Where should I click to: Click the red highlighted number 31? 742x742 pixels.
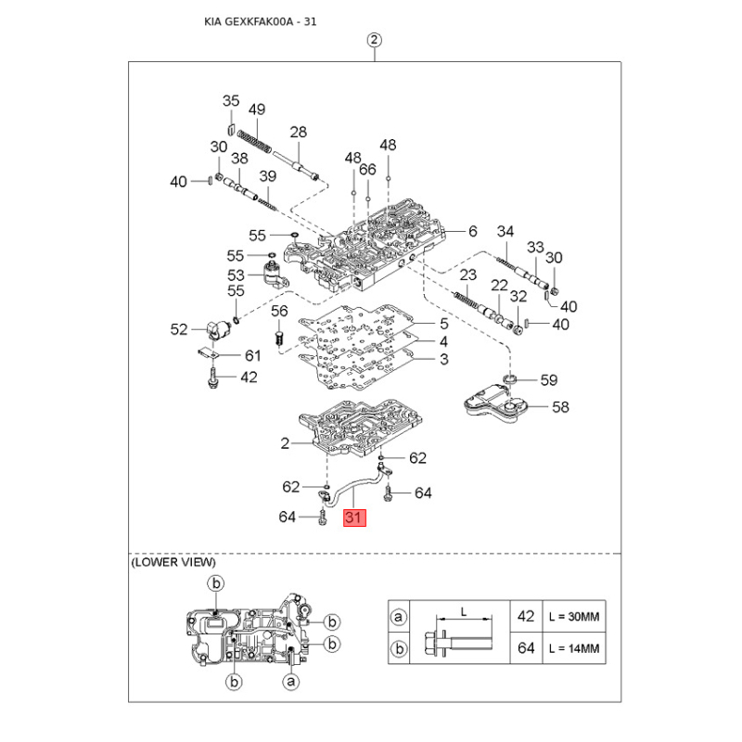pos(354,518)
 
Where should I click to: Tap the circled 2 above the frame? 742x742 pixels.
pos(375,40)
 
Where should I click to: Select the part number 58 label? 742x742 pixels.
pos(560,407)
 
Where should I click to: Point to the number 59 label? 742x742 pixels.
pos(549,379)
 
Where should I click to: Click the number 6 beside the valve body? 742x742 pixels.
pos(473,231)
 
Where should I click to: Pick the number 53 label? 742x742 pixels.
pos(236,275)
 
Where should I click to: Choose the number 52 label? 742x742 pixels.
pos(179,329)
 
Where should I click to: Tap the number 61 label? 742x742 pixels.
pos(252,355)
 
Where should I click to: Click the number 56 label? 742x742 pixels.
pos(279,311)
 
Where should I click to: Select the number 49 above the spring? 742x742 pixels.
pos(257,109)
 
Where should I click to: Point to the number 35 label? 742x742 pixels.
pos(231,101)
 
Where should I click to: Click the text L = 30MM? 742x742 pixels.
pos(574,617)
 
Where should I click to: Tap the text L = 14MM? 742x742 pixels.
pos(574,648)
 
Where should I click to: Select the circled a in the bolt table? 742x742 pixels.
pos(399,617)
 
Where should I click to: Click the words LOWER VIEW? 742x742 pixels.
pos(173,562)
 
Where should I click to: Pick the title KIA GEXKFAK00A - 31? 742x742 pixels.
pos(261,21)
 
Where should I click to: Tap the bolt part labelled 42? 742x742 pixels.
pos(212,378)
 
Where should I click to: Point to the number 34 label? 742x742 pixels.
pos(505,231)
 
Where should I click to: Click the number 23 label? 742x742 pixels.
pos(467,275)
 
